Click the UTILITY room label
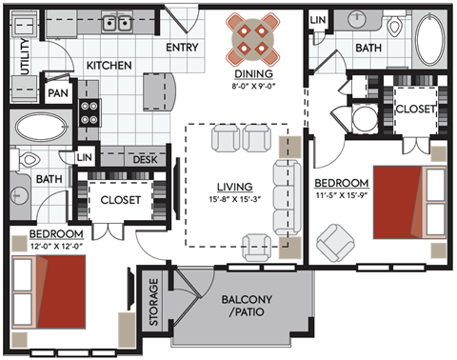(x=24, y=51)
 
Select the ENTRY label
(x=182, y=47)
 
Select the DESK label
(x=145, y=160)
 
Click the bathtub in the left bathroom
(x=38, y=128)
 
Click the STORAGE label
(x=153, y=302)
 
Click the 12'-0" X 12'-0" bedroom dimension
(x=44, y=245)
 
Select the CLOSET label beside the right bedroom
(x=415, y=109)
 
